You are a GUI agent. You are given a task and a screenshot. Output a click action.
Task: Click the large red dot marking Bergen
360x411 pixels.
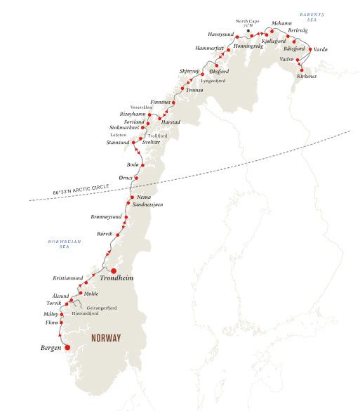(68, 347)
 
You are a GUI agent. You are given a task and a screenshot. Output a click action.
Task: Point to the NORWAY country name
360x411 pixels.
(106, 338)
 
